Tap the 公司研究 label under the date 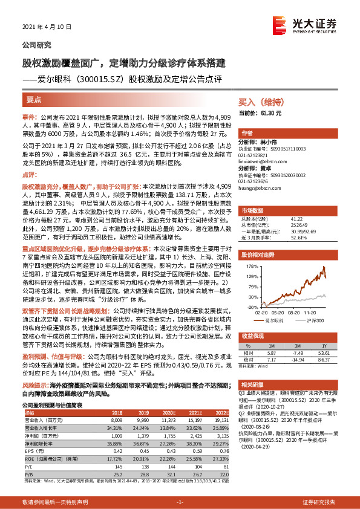[37, 45]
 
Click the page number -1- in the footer [179, 503]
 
